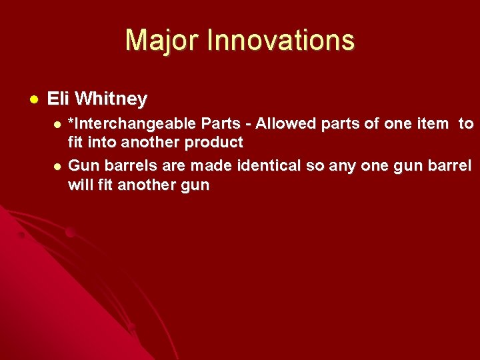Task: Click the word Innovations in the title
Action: [x=281, y=41]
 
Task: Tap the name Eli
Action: [x=58, y=99]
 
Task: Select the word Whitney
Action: [x=111, y=99]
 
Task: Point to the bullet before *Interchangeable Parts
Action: [x=57, y=125]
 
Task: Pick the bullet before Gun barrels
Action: [x=57, y=165]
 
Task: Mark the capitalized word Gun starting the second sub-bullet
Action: [x=83, y=165]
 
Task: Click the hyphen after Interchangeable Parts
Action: [x=247, y=125]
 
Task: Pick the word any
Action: [x=339, y=165]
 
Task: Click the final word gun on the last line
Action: [x=195, y=185]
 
